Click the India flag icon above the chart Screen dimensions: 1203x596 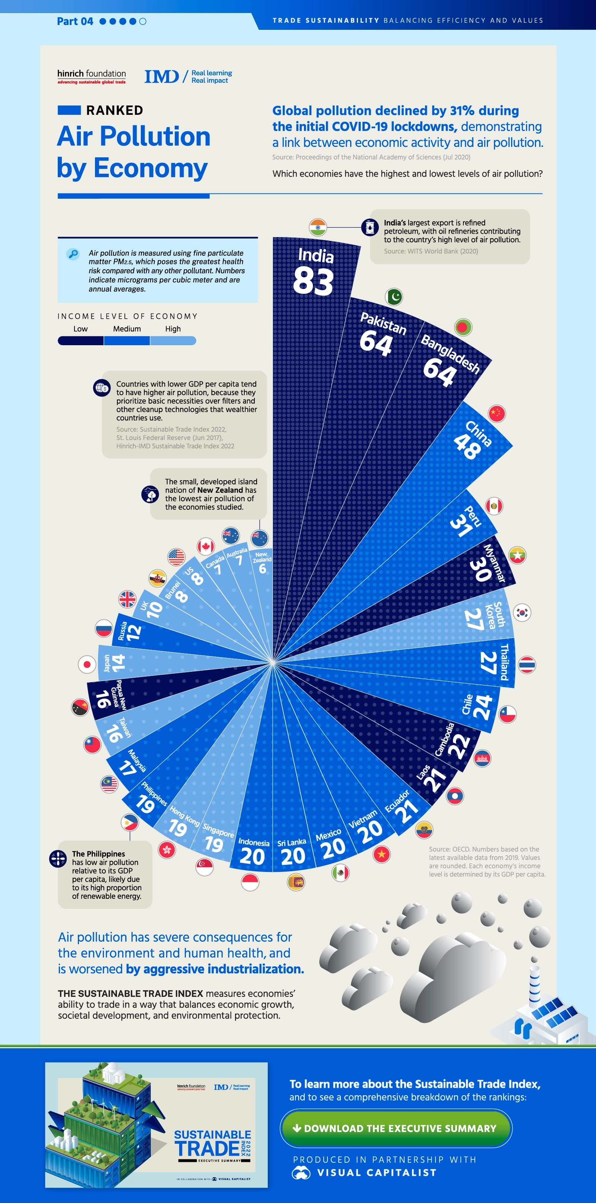point(318,227)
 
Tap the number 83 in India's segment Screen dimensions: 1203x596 point(313,281)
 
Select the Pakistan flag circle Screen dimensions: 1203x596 point(394,296)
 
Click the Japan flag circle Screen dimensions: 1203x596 point(87,664)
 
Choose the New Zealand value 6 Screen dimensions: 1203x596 point(262,569)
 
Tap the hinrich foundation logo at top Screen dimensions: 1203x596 point(92,76)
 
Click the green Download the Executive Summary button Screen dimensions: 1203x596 point(396,1128)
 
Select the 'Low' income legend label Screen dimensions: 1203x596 point(80,329)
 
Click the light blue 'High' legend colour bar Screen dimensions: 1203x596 point(173,341)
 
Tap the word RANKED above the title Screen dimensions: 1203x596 point(115,110)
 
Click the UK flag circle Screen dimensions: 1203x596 point(127,599)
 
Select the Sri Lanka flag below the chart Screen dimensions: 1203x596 point(296,882)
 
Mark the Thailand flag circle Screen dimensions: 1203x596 point(527,665)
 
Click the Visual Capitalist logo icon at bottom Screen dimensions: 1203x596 point(301,1173)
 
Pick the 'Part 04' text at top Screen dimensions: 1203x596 point(74,21)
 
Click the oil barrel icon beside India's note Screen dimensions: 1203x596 point(370,227)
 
